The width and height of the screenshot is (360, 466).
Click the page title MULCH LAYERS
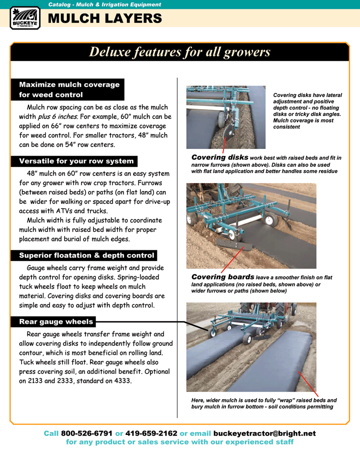click(x=104, y=19)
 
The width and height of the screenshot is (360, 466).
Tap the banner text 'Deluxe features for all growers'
click(x=179, y=52)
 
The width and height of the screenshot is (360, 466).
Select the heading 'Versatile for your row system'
click(x=76, y=161)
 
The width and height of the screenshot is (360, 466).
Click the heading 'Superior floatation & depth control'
click(x=86, y=255)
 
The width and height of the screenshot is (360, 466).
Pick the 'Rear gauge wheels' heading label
click(x=56, y=321)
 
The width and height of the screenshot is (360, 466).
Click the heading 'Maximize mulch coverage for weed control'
click(x=69, y=89)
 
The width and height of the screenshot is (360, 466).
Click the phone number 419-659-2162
click(x=151, y=433)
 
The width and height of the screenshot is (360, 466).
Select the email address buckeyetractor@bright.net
click(x=264, y=433)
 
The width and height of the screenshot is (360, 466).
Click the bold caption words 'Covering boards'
click(x=222, y=277)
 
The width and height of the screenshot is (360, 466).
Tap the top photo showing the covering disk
click(x=225, y=117)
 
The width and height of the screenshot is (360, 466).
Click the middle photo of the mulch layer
click(x=251, y=225)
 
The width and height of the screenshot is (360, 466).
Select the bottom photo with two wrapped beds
click(x=251, y=347)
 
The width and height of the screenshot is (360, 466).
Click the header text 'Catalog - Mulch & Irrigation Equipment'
click(x=104, y=4)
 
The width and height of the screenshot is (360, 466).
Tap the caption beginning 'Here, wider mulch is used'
click(x=263, y=403)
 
